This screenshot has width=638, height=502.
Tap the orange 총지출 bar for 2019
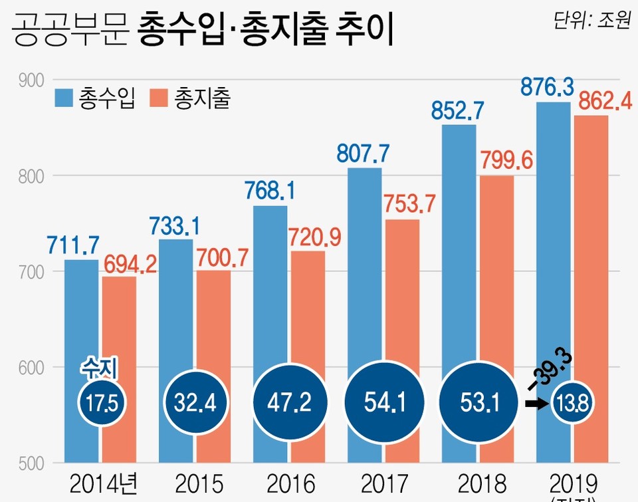[x=591, y=266]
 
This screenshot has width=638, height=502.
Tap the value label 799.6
[x=505, y=162]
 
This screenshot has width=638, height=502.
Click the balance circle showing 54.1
[x=381, y=402]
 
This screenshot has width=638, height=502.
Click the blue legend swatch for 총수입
[x=64, y=98]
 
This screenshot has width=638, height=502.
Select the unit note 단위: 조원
[x=591, y=21]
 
